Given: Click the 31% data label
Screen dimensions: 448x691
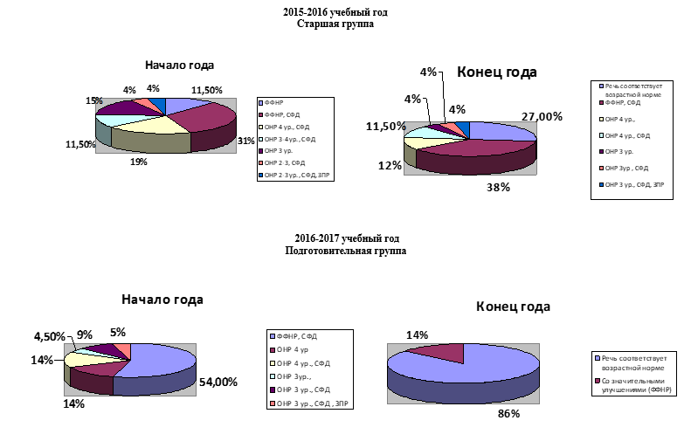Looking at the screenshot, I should coord(245,141).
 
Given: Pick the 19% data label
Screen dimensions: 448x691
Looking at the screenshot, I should coord(140,162).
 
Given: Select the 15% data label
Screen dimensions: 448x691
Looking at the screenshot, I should coord(94,101).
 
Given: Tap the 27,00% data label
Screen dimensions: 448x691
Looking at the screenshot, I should coord(542,116).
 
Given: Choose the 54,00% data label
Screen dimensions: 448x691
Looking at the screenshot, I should coord(217,383).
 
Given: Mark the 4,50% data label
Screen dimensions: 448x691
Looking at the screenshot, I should coord(48,337).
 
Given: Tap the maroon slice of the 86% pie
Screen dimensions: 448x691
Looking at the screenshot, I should coord(441,351).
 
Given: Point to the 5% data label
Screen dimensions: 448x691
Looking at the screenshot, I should coord(118,332).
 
